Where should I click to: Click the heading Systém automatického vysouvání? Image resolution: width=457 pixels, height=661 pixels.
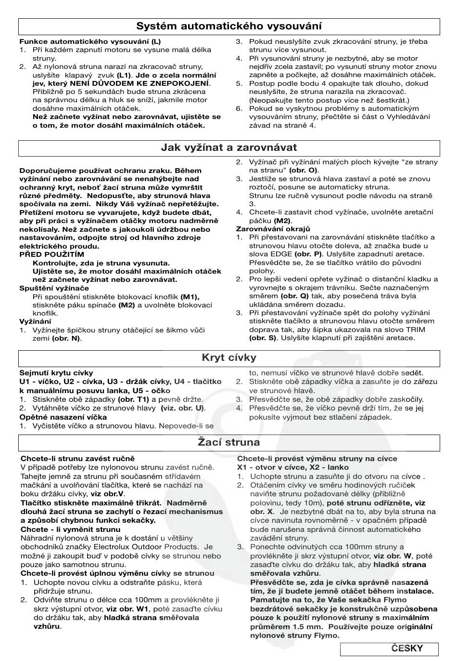(x=229, y=26)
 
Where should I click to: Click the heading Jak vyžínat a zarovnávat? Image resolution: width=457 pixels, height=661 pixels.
(x=229, y=148)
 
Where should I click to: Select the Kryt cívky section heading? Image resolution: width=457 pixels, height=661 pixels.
(x=229, y=358)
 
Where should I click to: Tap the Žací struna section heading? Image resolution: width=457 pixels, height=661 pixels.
(x=229, y=442)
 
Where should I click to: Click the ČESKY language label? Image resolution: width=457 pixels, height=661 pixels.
(x=407, y=648)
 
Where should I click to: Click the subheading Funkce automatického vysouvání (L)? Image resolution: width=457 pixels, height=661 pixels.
(x=90, y=41)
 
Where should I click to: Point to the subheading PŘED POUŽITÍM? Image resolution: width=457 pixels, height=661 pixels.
(x=51, y=254)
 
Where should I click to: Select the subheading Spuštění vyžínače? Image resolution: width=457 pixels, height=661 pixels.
(x=54, y=288)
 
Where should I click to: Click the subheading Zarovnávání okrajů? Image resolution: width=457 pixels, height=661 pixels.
(x=273, y=229)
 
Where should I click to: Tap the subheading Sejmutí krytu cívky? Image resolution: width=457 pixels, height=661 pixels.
(x=56, y=373)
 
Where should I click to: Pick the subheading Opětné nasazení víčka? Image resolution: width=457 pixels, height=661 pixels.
(x=63, y=417)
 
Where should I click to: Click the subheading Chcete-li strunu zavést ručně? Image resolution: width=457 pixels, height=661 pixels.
(x=77, y=459)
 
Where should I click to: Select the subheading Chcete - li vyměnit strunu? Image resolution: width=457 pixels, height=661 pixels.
(x=70, y=529)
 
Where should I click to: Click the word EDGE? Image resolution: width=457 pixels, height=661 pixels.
(x=281, y=254)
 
